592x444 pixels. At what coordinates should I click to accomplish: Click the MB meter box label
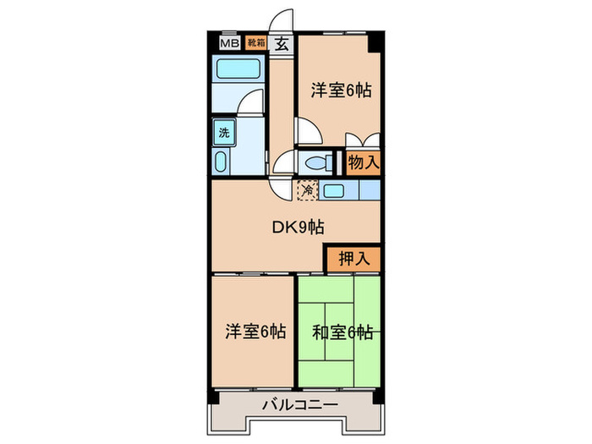coord(228,42)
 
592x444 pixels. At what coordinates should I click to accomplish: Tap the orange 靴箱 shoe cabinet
coord(255,42)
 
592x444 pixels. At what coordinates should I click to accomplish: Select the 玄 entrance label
coord(281,45)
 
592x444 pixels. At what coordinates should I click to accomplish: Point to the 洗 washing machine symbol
coord(224,132)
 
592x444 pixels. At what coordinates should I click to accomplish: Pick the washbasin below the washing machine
coord(222,162)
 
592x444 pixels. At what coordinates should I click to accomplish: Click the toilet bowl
coord(317,163)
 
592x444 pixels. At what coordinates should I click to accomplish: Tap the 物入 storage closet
coord(363,162)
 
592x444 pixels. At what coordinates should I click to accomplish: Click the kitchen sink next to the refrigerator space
coord(334,191)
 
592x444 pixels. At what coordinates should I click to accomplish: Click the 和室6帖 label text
coord(343,332)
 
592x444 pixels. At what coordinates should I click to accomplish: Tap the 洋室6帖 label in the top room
coord(341,90)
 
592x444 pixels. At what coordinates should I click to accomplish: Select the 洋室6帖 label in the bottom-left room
coord(255,332)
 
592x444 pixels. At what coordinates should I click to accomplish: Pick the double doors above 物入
coord(363,141)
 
